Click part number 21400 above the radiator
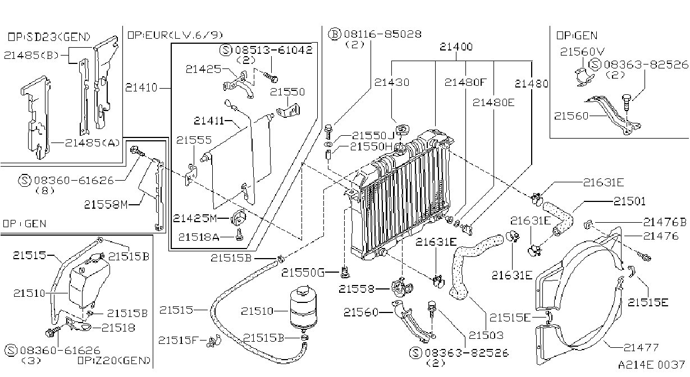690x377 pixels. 456,47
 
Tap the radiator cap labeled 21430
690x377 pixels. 402,129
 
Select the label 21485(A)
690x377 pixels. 92,143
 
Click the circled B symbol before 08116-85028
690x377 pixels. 335,34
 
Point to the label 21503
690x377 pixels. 486,335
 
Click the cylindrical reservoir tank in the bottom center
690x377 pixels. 303,306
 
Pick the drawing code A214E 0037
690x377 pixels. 651,365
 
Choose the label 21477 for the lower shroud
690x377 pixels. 641,347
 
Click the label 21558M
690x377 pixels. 106,204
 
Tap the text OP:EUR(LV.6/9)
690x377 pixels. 175,35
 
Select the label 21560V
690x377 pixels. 582,52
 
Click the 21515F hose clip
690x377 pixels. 214,341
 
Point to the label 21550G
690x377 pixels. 303,272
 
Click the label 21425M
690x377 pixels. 195,218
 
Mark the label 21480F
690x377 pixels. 465,82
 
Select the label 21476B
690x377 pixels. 665,222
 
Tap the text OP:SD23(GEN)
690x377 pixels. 49,37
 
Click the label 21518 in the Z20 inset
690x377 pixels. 118,328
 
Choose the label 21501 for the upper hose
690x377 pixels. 629,201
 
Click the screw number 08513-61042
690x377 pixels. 274,50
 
